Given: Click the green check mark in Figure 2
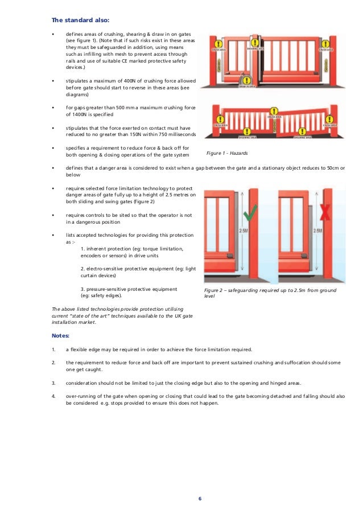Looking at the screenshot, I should pos(249,214).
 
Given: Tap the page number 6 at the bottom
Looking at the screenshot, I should pos(200,499).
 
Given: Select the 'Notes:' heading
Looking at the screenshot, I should pos(61,335).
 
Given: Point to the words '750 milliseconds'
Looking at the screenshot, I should pos(174,134).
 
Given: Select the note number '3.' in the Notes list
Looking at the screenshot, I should pos(53,382).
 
